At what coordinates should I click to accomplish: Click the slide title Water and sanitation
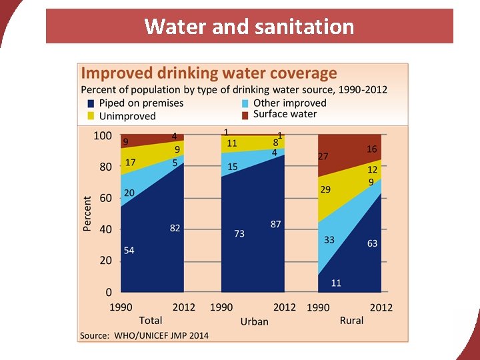tap(249, 27)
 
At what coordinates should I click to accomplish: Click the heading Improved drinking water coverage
tap(209, 73)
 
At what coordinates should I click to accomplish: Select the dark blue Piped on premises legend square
tap(91, 103)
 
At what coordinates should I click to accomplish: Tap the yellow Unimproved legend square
tap(91, 116)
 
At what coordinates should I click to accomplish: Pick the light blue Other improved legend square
tap(245, 103)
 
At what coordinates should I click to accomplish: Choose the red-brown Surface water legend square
tap(245, 114)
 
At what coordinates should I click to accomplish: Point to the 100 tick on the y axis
tap(102, 135)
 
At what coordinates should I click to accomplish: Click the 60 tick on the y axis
tap(105, 198)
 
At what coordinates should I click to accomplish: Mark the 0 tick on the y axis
tap(108, 292)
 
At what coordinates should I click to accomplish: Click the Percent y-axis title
tap(87, 213)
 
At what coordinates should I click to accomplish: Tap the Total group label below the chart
tap(151, 321)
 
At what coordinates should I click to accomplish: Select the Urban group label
tap(254, 321)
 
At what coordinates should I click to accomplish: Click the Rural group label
tap(351, 321)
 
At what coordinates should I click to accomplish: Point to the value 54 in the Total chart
tap(129, 250)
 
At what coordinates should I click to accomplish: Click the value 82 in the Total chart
tap(175, 228)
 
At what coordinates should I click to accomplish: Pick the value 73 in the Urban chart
tap(239, 233)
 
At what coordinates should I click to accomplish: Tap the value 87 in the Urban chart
tap(276, 224)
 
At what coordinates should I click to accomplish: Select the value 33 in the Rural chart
tap(329, 239)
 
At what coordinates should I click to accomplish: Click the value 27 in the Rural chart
tap(323, 157)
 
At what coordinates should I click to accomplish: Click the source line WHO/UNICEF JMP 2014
tap(144, 335)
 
